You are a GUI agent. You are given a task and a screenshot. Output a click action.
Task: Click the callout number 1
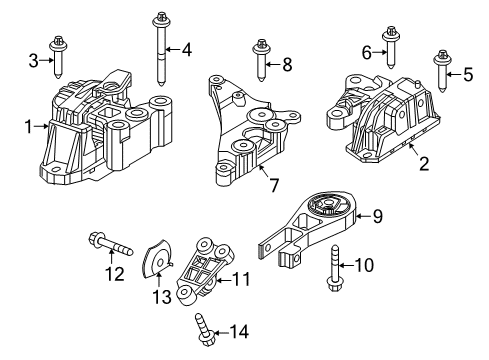tap(27, 126)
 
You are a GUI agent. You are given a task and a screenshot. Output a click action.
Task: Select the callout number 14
tap(240, 331)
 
